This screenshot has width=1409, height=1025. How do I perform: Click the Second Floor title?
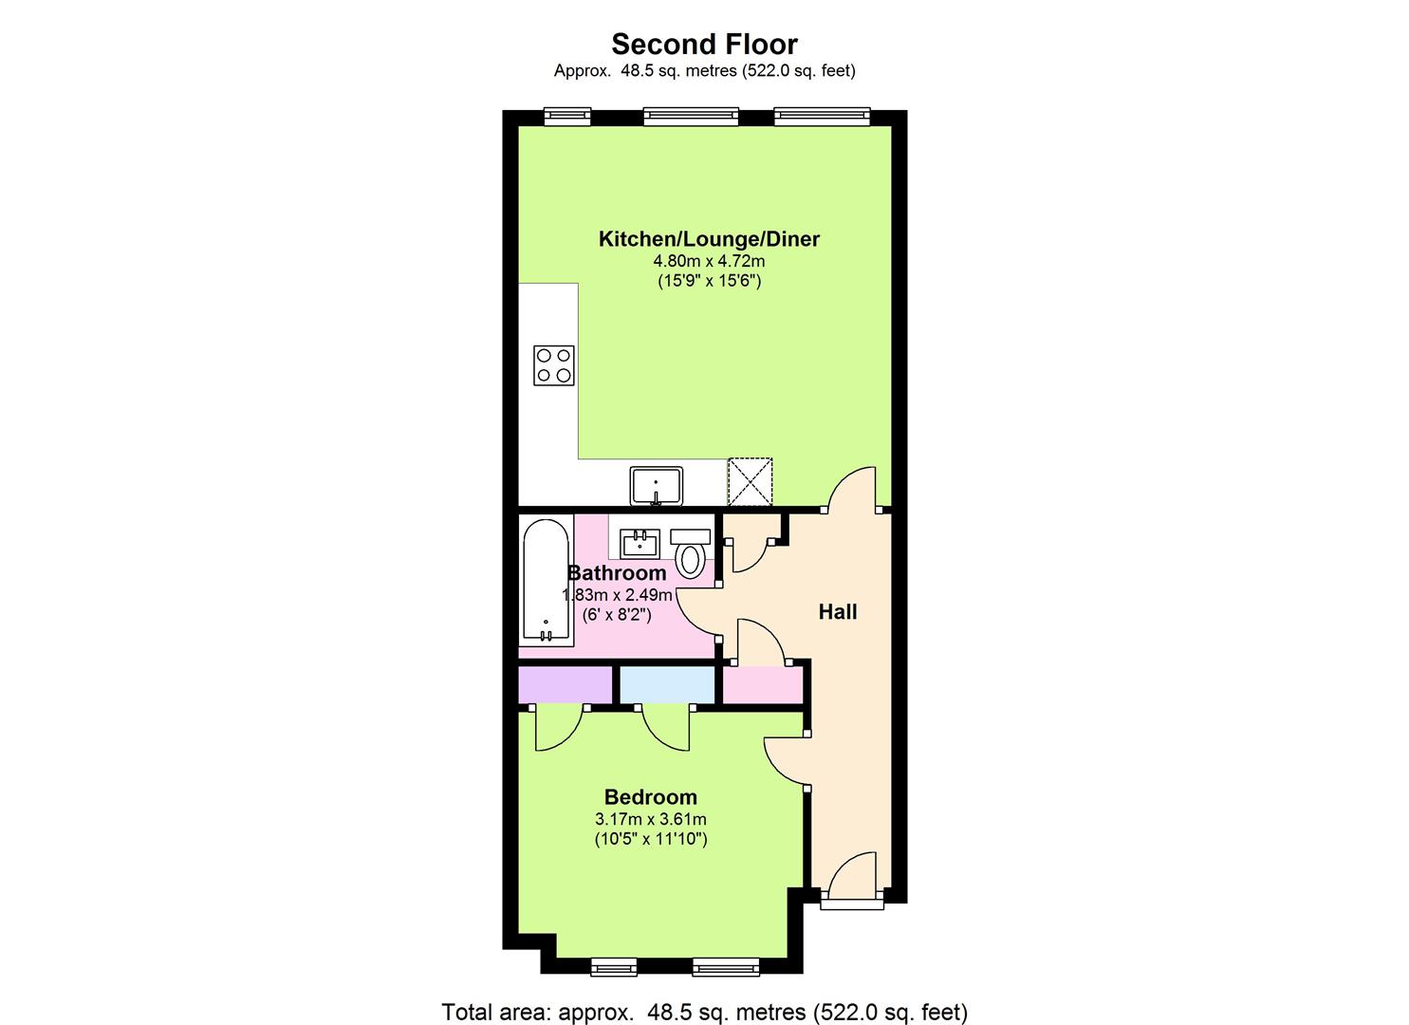[x=704, y=44]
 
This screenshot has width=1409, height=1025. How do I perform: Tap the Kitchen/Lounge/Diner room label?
[x=709, y=239]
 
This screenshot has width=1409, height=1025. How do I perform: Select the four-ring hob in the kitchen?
[x=554, y=365]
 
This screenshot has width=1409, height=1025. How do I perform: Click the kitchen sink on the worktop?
[x=656, y=485]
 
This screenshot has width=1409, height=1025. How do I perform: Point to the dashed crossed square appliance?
[x=750, y=481]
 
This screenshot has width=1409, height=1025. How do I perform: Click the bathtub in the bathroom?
[x=547, y=581]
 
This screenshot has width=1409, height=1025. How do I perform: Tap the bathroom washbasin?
[x=640, y=544]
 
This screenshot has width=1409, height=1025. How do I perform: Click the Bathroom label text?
[x=617, y=573]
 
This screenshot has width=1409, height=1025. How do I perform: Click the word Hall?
[x=838, y=612]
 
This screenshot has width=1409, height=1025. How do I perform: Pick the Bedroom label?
[x=650, y=797]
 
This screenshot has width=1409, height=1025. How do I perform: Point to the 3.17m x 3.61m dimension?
[x=650, y=819]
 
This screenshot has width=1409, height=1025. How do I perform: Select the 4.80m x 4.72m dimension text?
[x=709, y=260]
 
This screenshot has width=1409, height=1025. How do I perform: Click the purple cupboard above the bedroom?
[x=565, y=684]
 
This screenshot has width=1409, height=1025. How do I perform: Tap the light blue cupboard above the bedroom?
[x=667, y=684]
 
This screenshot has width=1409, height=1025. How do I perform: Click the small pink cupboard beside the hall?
[x=763, y=684]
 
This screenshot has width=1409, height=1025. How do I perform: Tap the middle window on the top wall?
[x=690, y=116]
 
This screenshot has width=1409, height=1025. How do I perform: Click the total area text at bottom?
[x=704, y=1012]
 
